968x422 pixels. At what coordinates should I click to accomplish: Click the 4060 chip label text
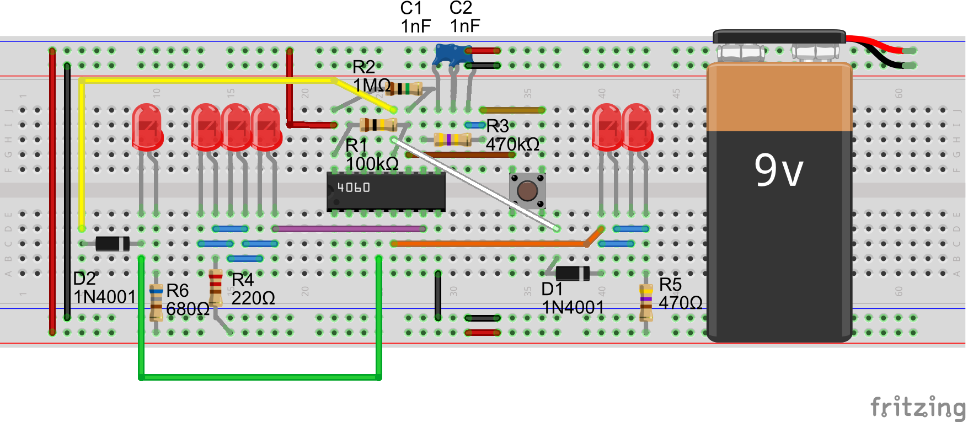click(354, 188)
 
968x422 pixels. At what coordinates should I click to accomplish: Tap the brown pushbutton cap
click(527, 191)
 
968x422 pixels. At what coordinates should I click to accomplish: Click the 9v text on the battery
click(778, 170)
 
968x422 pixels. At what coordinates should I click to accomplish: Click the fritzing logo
click(917, 408)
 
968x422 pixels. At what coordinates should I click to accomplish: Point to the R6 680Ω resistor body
click(156, 302)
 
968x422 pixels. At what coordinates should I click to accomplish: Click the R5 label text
click(670, 285)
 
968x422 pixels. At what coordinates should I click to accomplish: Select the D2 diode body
click(113, 243)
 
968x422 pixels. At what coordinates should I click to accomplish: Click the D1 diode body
click(572, 273)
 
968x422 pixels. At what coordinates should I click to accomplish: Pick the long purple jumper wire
click(349, 228)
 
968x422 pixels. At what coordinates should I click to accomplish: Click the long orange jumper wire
click(488, 243)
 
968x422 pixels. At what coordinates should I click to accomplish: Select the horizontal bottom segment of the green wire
click(259, 377)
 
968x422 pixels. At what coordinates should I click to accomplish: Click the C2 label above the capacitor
click(461, 8)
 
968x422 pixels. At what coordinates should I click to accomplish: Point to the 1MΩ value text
click(371, 86)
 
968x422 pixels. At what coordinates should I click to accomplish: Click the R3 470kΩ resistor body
click(452, 140)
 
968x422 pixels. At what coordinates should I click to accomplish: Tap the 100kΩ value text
click(372, 164)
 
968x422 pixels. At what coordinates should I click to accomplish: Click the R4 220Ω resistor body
click(216, 287)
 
